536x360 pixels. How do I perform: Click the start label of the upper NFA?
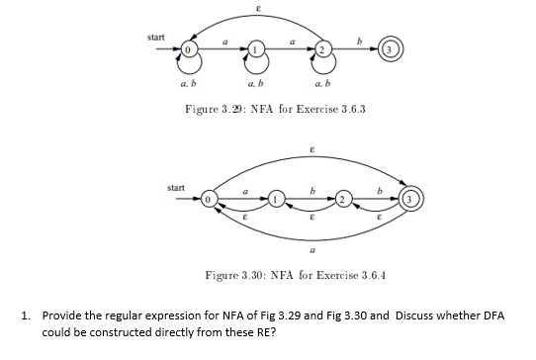tap(156, 38)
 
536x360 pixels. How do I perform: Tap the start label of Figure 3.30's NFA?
tap(178, 187)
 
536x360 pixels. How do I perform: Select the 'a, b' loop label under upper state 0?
tap(186, 86)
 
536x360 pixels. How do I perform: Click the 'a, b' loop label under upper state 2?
tap(322, 86)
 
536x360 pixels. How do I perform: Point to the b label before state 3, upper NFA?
tap(360, 39)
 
